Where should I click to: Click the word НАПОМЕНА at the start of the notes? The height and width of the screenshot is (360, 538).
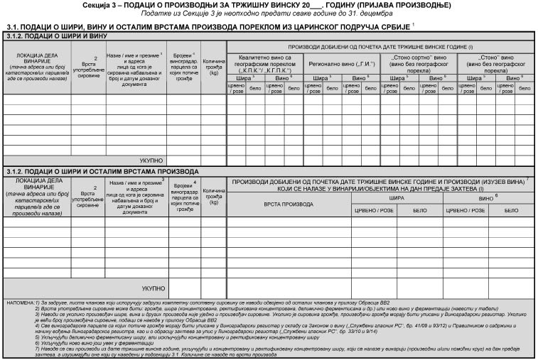[x=17, y=302]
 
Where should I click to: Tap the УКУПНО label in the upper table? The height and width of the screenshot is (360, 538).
[x=153, y=160]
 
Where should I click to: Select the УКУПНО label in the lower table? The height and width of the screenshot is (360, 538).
[x=153, y=288]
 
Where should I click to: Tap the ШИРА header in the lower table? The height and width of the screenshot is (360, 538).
[x=396, y=199]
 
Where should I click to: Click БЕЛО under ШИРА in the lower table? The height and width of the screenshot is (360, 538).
[x=419, y=210]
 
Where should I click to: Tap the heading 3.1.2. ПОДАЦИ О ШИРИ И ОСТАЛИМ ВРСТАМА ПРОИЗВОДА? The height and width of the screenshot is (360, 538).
[x=102, y=172]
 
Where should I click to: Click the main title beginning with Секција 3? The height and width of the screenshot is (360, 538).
[x=269, y=5]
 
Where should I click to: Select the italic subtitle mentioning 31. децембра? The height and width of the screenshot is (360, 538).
[x=269, y=13]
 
